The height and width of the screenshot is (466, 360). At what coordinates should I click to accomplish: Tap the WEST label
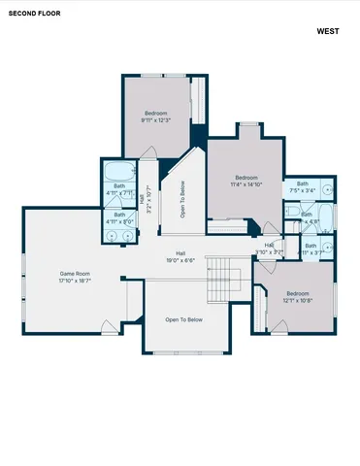[328, 31]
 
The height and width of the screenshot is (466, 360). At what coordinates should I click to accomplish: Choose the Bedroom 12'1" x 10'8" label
[297, 296]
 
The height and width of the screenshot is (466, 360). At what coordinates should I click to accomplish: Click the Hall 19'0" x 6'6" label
[180, 256]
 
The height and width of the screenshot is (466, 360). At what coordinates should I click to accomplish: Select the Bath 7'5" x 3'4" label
[303, 186]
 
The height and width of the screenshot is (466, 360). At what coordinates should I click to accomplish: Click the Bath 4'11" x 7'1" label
[119, 188]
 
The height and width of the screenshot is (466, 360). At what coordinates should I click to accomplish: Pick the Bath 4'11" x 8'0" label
[119, 217]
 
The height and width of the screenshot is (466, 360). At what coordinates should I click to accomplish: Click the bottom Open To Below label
[183, 319]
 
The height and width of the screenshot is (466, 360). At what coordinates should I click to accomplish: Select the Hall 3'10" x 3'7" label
[269, 249]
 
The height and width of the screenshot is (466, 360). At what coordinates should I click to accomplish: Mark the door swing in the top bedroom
[148, 152]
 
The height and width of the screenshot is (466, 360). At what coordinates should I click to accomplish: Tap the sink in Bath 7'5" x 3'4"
[327, 187]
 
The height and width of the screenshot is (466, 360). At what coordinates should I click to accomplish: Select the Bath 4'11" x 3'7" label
[311, 250]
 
